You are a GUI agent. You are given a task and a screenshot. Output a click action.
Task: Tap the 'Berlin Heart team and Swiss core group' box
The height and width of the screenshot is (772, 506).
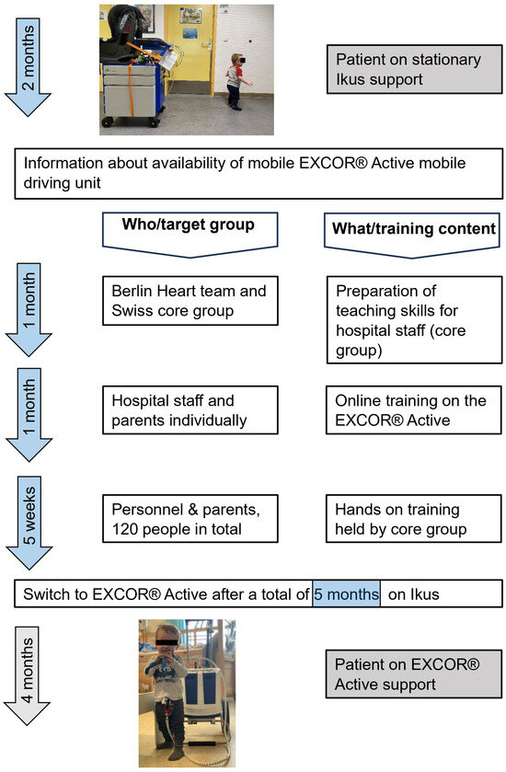pos(190,301)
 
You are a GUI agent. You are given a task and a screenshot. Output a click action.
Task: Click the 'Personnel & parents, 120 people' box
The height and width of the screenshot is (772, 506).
pos(190,519)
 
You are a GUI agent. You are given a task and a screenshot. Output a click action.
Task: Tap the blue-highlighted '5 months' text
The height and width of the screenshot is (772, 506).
pos(346,593)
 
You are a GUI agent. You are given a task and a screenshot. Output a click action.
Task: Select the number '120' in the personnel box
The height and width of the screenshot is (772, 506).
pos(128,529)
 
